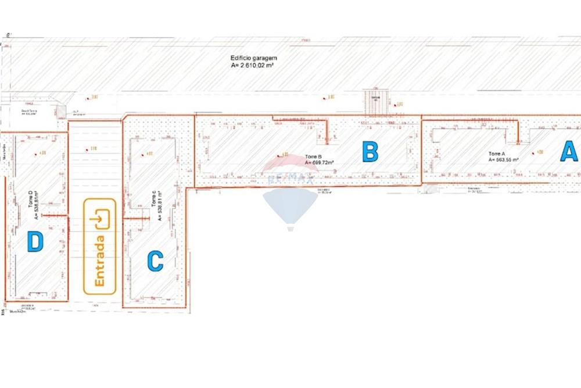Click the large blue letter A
(569, 152)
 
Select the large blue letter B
(370, 152)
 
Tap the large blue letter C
(155, 261)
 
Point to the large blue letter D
(35, 241)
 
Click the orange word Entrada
(99, 261)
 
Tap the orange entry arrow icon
(100, 219)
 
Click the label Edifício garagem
(254, 58)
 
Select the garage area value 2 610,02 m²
(253, 66)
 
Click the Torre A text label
(496, 154)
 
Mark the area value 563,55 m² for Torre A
(503, 159)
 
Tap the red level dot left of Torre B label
(278, 155)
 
